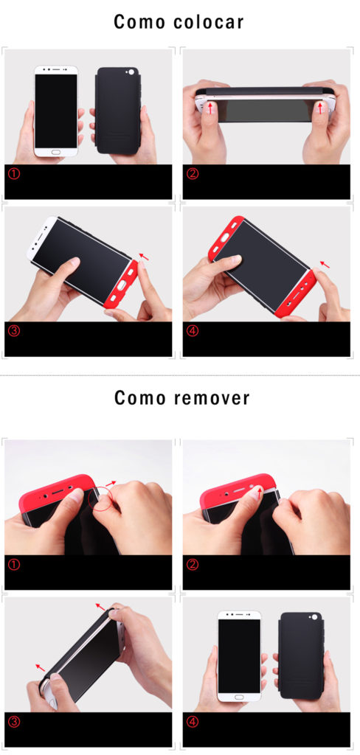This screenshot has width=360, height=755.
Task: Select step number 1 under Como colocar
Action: click(x=14, y=173)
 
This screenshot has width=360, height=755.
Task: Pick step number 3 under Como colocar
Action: click(x=14, y=331)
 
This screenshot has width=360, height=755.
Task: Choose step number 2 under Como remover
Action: click(x=193, y=564)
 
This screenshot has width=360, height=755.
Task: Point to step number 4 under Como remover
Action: click(x=193, y=721)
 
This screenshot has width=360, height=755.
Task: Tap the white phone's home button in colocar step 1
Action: click(x=56, y=152)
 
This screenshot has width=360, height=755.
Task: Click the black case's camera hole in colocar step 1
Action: click(x=131, y=73)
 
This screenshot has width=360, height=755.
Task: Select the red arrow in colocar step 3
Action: click(x=144, y=257)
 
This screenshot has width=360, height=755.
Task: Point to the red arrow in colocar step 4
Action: click(x=325, y=265)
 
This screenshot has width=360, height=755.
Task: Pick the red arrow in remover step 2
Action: click(x=260, y=493)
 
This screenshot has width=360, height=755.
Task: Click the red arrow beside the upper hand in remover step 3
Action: click(x=100, y=606)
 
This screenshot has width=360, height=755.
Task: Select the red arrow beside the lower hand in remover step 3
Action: click(x=41, y=667)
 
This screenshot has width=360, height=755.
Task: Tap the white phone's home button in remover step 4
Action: click(x=240, y=697)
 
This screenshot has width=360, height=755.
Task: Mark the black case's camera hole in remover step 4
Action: click(x=314, y=617)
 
